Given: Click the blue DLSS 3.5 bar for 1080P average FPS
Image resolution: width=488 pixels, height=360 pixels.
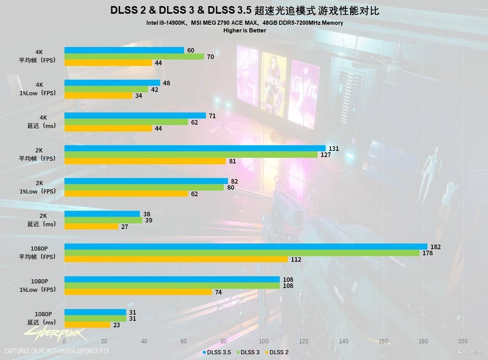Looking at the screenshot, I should click(246, 246).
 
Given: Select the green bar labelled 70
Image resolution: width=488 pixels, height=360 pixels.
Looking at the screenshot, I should click(134, 57).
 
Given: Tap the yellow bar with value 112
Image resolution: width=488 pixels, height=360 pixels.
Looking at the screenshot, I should click(176, 259).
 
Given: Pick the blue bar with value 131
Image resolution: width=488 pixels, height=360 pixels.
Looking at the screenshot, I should click(195, 148).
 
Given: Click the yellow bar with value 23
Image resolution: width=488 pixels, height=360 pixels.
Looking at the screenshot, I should click(87, 325).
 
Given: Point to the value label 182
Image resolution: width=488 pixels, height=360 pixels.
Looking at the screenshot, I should click(435, 247).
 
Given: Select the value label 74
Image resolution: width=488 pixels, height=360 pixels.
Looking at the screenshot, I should click(219, 292).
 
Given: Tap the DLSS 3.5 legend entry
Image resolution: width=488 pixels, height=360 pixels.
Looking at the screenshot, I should click(217, 352).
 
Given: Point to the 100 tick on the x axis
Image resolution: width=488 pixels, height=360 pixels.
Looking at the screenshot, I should click(263, 341).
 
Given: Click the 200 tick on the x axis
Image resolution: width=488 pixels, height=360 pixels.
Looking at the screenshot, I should click(463, 341).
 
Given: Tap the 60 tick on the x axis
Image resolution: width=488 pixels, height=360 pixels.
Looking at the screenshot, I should click(184, 341).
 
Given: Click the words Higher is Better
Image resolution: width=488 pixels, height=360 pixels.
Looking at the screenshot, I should click(244, 30).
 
